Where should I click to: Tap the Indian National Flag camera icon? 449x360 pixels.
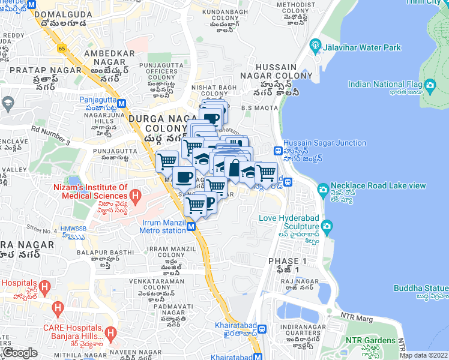(x=429, y=85)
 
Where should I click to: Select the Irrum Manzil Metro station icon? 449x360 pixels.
(x=190, y=227)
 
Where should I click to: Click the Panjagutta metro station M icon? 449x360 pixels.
(x=122, y=102)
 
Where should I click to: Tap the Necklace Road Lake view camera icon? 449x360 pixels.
(x=323, y=190)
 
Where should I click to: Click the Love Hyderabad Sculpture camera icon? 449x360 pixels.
(x=327, y=226)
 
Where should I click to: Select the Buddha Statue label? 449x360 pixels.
(x=421, y=288)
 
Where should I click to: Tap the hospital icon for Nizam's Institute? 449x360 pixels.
(x=135, y=196)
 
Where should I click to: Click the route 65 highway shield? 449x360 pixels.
(x=62, y=47)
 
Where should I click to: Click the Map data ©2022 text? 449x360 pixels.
(x=424, y=355)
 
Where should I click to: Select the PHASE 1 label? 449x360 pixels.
(x=287, y=261)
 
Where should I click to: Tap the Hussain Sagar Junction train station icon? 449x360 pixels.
(x=278, y=151)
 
